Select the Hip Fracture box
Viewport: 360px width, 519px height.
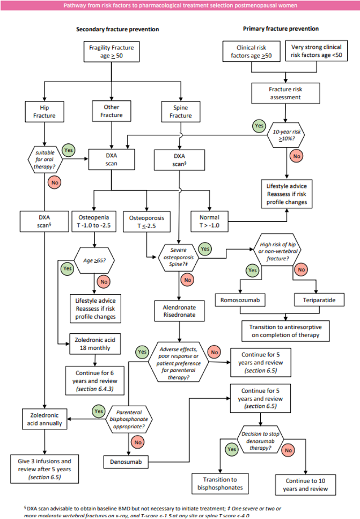tap(45, 111)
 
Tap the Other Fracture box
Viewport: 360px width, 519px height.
tap(111, 111)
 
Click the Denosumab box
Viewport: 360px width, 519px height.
tap(126, 460)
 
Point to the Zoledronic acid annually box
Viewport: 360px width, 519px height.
tap(45, 419)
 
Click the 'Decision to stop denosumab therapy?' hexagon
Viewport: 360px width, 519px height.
tap(261, 436)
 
